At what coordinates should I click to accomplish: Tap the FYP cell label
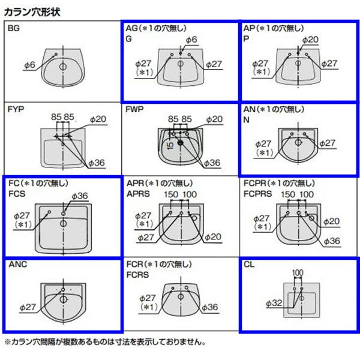[17, 110]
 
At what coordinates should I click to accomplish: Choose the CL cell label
[251, 263]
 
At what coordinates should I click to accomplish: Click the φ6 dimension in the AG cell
[191, 40]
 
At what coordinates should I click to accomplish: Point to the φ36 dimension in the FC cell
[80, 196]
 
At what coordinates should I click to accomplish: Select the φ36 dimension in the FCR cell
[210, 307]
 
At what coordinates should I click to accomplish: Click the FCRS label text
[138, 273]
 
